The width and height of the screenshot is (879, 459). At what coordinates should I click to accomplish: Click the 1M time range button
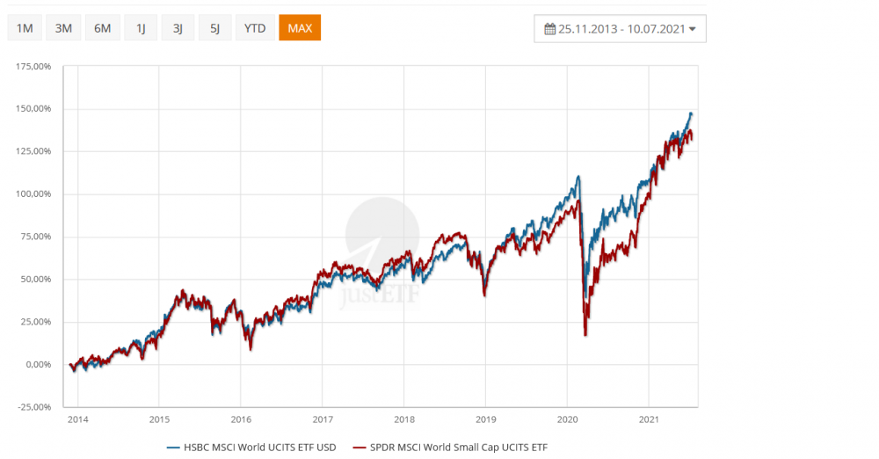tap(25, 28)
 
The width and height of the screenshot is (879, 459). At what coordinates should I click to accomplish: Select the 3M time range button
tap(63, 28)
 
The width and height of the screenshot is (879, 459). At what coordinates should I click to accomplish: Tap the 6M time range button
tap(102, 28)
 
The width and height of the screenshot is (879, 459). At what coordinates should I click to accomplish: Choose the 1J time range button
tap(141, 28)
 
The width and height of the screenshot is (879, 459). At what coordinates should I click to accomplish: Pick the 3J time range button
tap(178, 28)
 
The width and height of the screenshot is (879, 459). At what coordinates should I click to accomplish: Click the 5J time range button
tap(214, 28)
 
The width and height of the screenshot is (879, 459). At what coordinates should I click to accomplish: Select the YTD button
tap(255, 28)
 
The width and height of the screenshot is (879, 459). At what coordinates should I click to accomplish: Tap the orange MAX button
tap(300, 28)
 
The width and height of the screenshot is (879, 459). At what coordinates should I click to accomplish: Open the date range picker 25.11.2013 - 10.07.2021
tap(620, 29)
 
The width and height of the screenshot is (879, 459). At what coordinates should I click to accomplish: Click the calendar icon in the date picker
tap(550, 29)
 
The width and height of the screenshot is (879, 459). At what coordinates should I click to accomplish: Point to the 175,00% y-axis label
tap(33, 67)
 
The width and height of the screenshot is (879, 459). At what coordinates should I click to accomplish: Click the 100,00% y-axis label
tap(33, 194)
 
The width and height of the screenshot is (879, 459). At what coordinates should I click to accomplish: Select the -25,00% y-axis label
tap(34, 406)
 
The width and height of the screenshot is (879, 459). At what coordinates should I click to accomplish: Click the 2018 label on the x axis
tap(403, 420)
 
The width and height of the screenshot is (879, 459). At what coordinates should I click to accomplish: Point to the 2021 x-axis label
tap(649, 420)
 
